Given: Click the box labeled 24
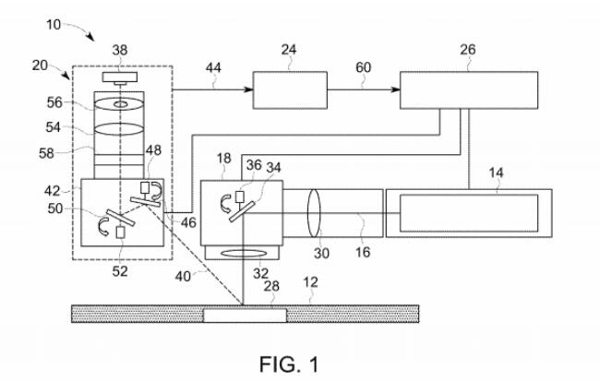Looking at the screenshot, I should point(290,90).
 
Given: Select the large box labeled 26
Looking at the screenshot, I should point(469,90).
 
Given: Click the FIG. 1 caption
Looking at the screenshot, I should point(291,364).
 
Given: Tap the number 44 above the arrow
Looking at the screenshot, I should point(214,67).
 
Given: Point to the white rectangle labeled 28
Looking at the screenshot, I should point(244,316).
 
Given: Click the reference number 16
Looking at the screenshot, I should point(363,250).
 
